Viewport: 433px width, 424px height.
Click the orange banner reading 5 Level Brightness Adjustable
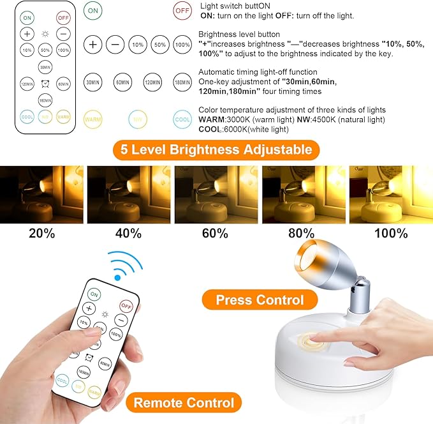pos(212,150)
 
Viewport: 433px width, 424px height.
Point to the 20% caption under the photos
pos(41,233)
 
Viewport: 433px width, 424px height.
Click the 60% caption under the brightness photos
pos(216,233)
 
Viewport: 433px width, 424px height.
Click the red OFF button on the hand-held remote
pos(126,307)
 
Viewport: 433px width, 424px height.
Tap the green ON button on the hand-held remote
pos(94,294)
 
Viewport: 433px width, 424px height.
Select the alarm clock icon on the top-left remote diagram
pos(45,84)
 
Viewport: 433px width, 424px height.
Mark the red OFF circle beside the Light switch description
pos(182,11)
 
